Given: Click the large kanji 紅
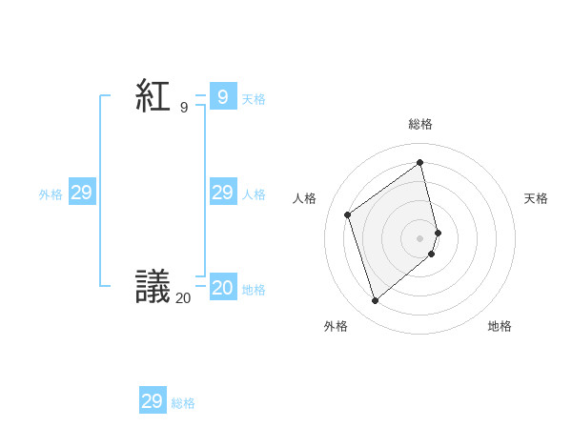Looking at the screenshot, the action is tap(153, 96).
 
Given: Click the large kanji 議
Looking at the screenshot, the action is tap(153, 286).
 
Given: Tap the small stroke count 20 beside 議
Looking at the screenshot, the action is tap(183, 298).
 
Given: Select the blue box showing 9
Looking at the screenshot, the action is tap(222, 96).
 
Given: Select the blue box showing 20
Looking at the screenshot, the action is tap(222, 287).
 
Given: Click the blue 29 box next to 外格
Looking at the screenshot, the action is tap(81, 193).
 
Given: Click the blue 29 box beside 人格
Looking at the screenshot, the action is tap(222, 193).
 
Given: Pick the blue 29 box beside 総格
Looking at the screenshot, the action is tap(152, 401).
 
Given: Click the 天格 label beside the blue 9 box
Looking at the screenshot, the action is tap(254, 98).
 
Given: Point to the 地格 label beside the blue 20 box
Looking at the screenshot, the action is tap(254, 289).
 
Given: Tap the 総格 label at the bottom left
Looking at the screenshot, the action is tap(183, 403).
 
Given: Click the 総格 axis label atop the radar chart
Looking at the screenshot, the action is tap(420, 124).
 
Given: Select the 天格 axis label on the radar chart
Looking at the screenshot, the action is tap(536, 198).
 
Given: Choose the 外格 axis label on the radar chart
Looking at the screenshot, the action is tap(336, 326).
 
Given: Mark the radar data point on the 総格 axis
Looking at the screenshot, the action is tap(420, 162).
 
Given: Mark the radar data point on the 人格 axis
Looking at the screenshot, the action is tap(348, 214).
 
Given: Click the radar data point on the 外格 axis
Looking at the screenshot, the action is tap(375, 301).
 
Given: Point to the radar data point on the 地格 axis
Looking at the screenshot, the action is tap(432, 254).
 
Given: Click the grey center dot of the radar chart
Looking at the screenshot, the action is tap(420, 237).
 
